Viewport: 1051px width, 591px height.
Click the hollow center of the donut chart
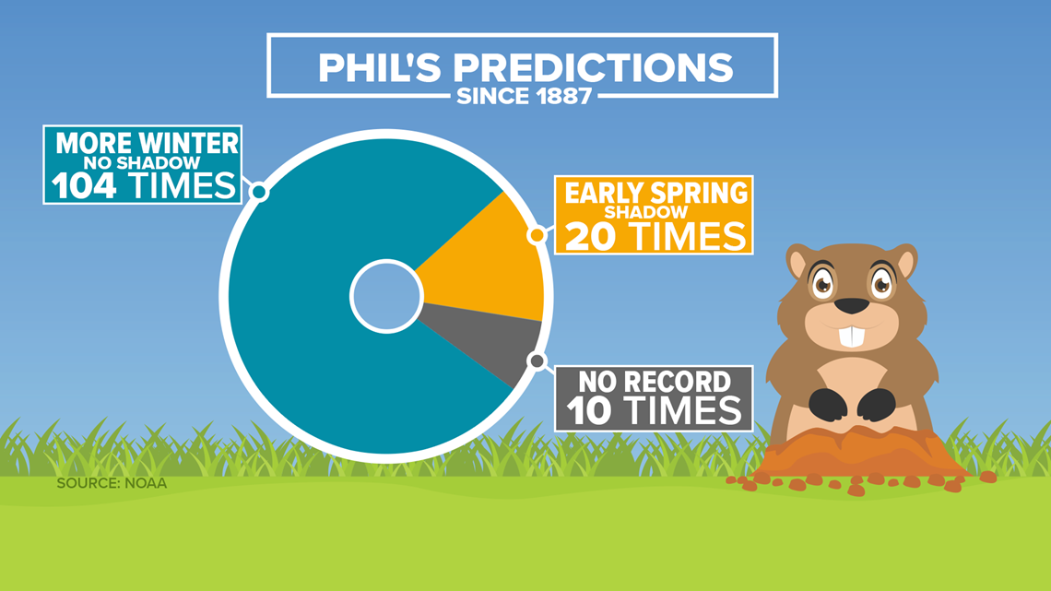click(386, 296)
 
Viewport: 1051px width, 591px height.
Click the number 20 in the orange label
click(590, 236)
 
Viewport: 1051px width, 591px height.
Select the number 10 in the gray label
click(589, 411)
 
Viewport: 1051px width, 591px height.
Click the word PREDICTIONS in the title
click(593, 67)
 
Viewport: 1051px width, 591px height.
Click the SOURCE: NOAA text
click(112, 483)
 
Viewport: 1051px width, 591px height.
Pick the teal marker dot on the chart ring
click(259, 193)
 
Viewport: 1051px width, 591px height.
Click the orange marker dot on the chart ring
click(537, 235)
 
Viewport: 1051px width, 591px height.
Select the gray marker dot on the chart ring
click(537, 361)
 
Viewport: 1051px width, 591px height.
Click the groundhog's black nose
click(852, 305)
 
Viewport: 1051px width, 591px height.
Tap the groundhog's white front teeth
click(852, 337)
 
